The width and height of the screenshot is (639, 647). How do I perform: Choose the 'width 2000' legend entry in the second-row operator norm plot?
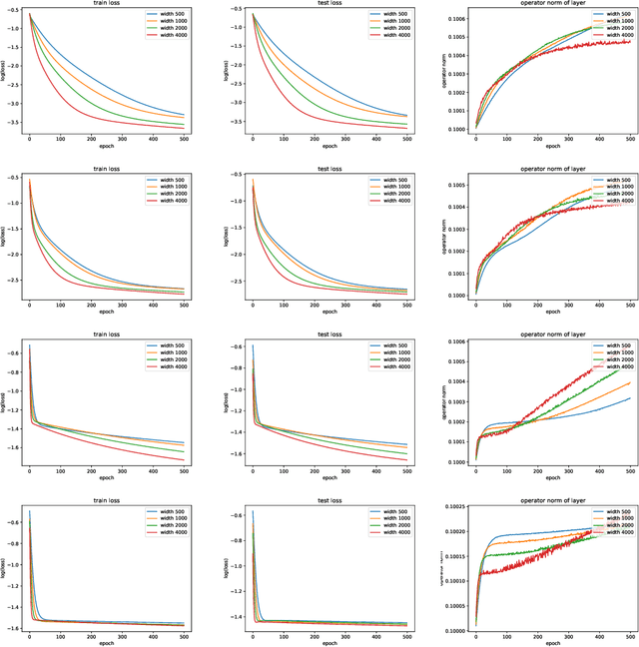coord(613,194)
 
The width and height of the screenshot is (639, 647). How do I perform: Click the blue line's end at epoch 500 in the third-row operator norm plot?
coord(629,399)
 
